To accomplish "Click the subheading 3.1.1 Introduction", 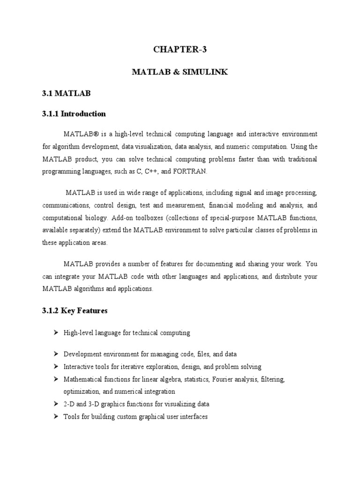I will tap(74, 113).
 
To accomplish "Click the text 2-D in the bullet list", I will tap(69, 404).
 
